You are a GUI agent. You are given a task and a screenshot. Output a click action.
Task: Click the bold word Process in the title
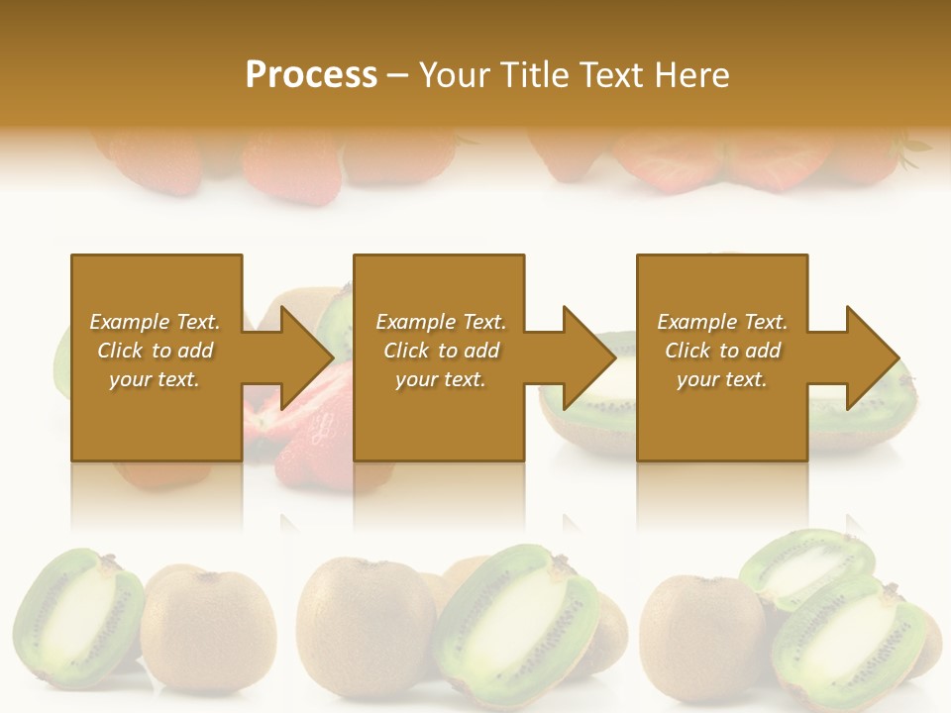pyautogui.click(x=311, y=75)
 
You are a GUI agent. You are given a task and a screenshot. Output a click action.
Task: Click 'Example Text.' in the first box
pyautogui.click(x=155, y=322)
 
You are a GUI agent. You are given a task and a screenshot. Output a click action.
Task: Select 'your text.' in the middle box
pyautogui.click(x=440, y=379)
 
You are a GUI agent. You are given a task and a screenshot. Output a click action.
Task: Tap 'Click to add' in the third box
pyautogui.click(x=722, y=351)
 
